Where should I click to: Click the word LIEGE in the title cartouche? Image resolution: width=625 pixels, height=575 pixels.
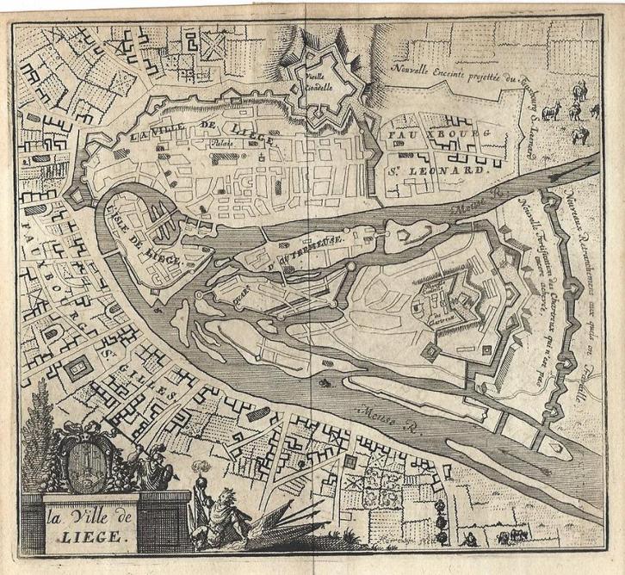pos(90,531)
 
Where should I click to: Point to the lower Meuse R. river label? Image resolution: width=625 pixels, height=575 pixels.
pos(387,417)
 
